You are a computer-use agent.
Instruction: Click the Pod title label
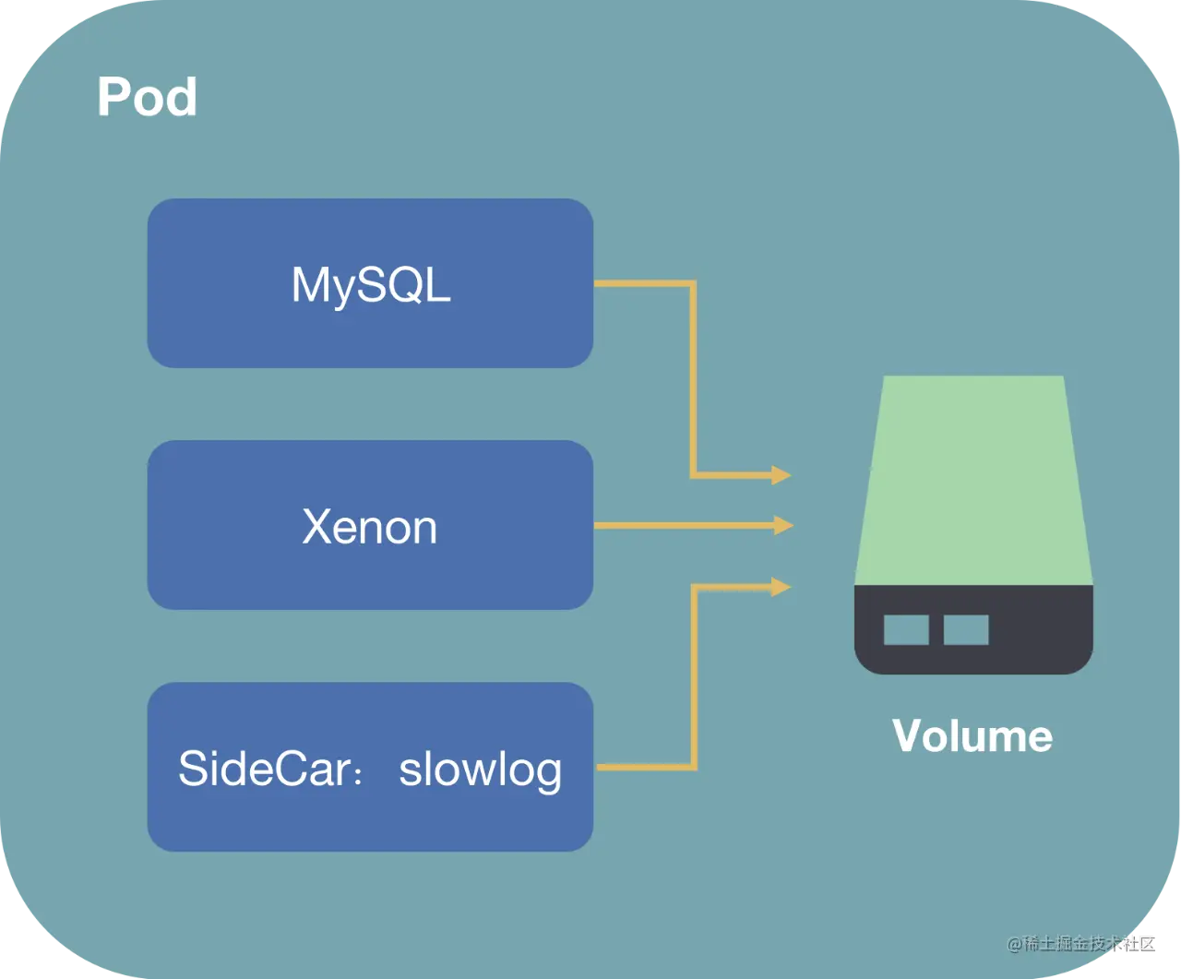click(147, 97)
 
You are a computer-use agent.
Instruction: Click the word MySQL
click(371, 285)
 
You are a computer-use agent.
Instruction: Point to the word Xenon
click(369, 527)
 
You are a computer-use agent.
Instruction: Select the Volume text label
click(972, 736)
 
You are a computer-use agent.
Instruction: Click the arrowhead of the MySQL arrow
click(781, 475)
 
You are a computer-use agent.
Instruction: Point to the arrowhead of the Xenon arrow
click(783, 525)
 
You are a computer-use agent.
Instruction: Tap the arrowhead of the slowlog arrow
click(781, 585)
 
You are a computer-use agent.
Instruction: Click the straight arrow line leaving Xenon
click(683, 525)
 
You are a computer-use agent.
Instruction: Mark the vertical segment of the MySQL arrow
click(692, 378)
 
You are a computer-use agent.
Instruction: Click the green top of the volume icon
click(973, 480)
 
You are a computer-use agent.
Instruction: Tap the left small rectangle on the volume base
click(906, 629)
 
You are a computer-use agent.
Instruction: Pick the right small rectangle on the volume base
click(965, 629)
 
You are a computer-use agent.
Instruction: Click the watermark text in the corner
click(1080, 943)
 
